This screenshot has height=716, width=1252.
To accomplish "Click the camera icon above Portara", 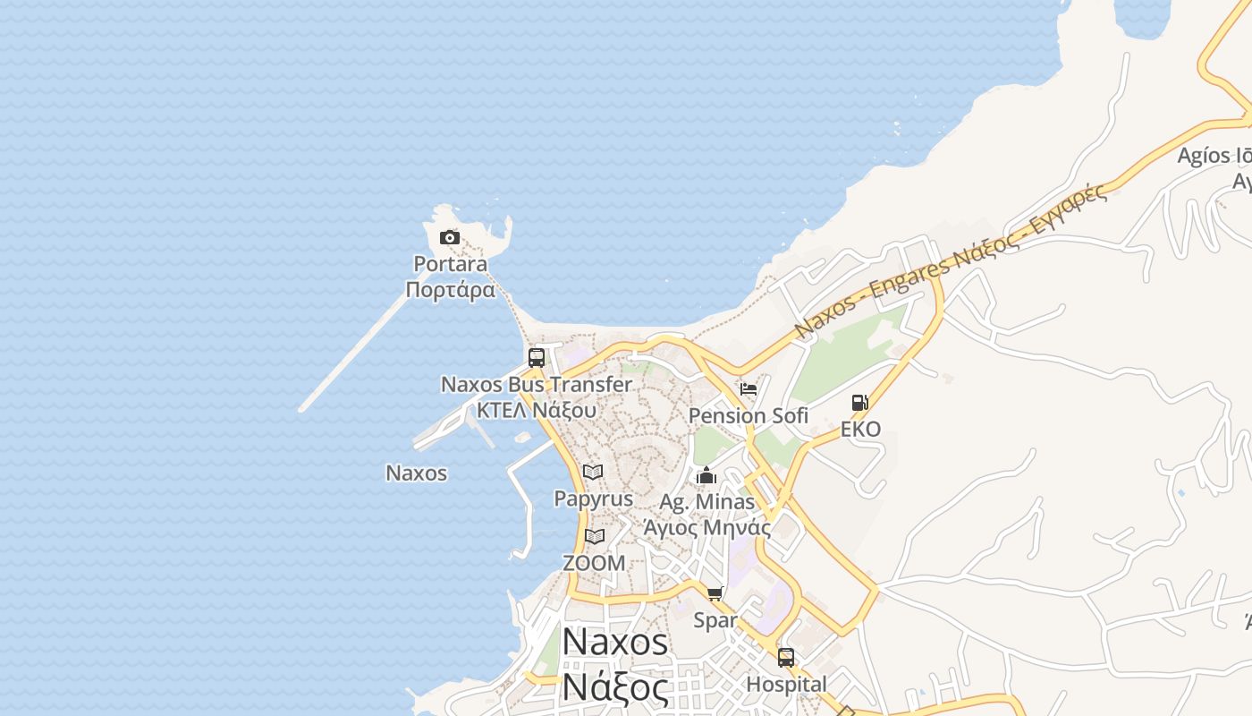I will tap(450, 237).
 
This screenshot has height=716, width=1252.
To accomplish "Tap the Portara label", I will tap(450, 264).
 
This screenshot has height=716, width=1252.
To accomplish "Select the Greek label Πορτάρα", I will tap(450, 290).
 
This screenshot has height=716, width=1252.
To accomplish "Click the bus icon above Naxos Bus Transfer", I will tap(537, 358).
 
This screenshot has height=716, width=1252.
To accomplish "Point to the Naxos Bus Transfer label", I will tap(537, 385).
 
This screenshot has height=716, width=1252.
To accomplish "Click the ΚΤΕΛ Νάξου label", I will tap(537, 410).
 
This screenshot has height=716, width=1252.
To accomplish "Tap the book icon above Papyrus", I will tap(593, 472).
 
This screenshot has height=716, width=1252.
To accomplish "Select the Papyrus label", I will tap(593, 499).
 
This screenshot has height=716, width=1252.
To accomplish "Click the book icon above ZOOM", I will tap(595, 537).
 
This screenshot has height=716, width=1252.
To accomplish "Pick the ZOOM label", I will tap(594, 564).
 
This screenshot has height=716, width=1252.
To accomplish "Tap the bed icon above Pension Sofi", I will tap(749, 389).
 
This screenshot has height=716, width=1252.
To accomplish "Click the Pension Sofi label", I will tap(749, 416).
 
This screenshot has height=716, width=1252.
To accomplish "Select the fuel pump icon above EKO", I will tap(860, 403).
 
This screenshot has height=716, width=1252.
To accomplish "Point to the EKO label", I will tap(860, 430).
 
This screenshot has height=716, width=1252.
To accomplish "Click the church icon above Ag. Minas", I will tap(706, 475).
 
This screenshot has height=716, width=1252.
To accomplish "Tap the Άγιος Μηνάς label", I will tap(706, 527).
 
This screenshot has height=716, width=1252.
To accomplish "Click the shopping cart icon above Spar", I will tap(715, 593).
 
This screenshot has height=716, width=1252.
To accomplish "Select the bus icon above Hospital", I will tap(786, 658).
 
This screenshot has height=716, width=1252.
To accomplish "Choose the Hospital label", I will tap(786, 685).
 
